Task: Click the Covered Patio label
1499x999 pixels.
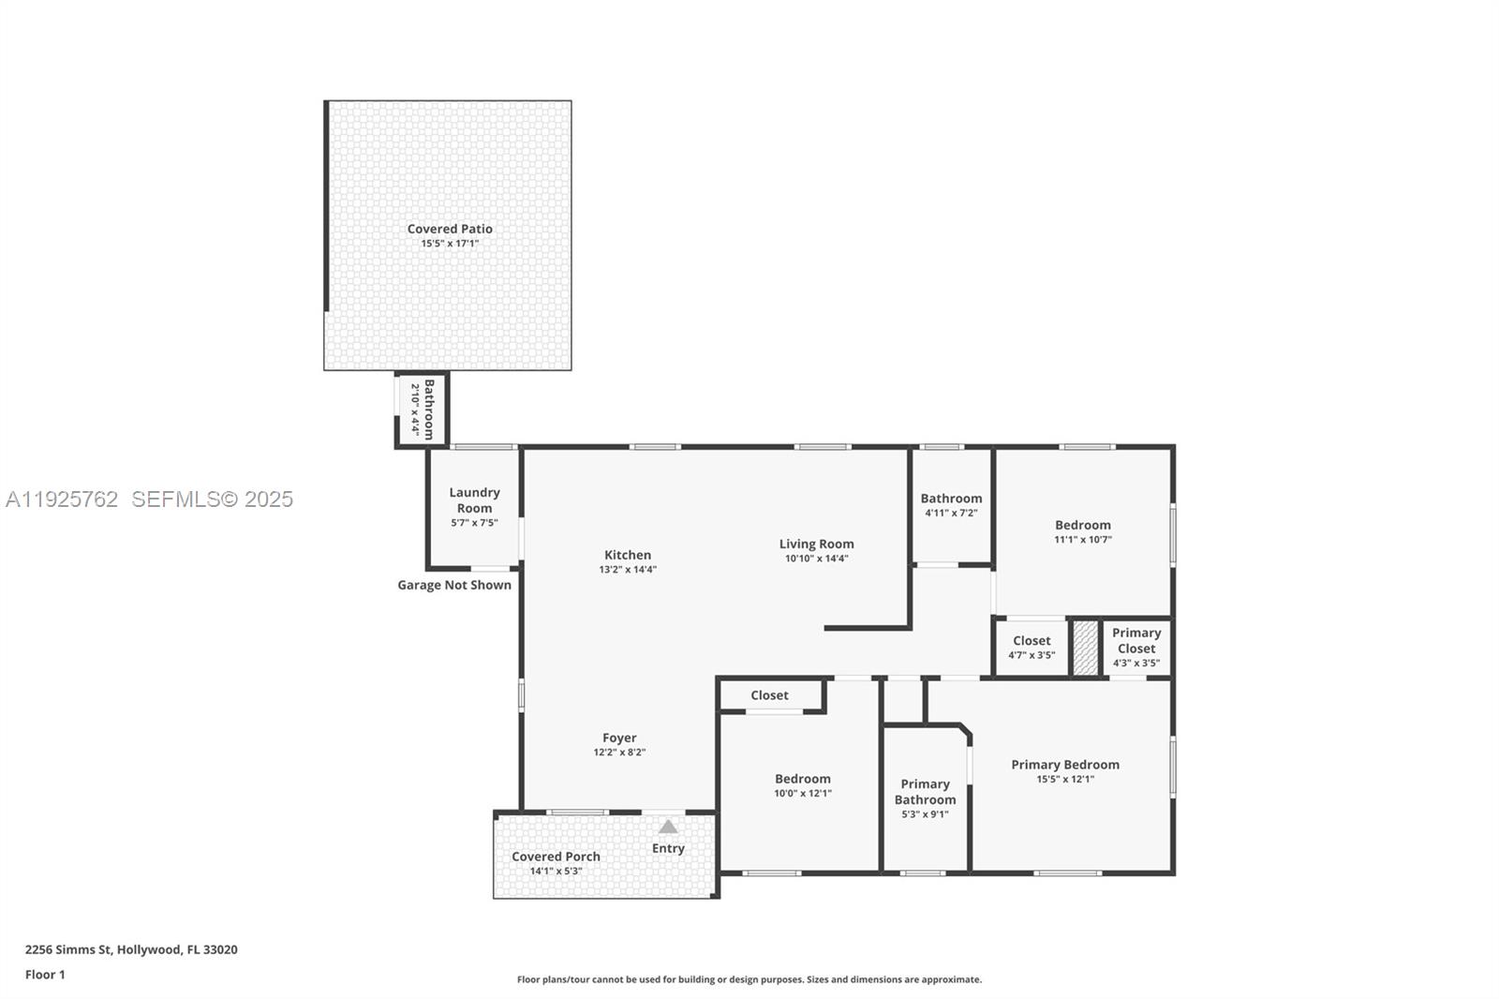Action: tap(450, 229)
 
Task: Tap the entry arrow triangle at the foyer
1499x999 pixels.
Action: tap(668, 827)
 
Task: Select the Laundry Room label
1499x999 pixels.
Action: tap(474, 499)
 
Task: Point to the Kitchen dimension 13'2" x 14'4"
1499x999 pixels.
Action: tap(628, 570)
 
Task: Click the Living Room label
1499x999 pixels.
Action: tap(816, 544)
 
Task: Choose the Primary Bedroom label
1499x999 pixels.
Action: tap(1064, 765)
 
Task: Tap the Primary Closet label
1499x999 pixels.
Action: tap(1135, 640)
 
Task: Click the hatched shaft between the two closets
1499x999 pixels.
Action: tap(1085, 648)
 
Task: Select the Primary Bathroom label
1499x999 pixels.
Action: tap(925, 792)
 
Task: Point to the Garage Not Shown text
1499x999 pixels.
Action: tap(454, 585)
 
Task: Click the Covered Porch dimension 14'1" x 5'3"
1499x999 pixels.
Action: tap(556, 871)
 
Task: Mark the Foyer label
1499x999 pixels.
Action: tap(619, 738)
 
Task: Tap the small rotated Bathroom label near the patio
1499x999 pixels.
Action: tap(429, 410)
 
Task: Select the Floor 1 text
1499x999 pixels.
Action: tap(45, 975)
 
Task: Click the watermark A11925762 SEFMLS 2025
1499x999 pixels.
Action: tap(150, 499)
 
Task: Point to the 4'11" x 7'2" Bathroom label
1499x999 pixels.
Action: tap(951, 499)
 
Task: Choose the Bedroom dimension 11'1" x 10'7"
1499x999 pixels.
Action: tap(1082, 540)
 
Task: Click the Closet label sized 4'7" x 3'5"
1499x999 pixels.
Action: tap(1031, 641)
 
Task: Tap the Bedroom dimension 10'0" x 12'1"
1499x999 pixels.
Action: tap(802, 794)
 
